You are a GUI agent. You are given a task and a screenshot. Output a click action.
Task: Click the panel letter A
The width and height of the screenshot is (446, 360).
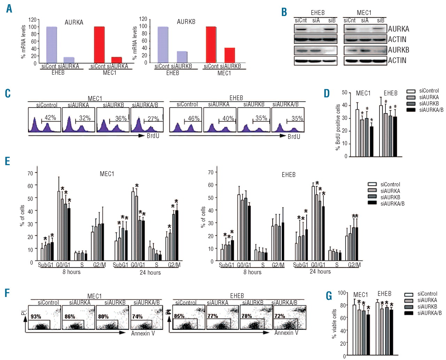[x=9, y=8]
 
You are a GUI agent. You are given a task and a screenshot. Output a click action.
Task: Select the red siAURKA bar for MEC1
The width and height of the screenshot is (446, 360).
[x=116, y=60]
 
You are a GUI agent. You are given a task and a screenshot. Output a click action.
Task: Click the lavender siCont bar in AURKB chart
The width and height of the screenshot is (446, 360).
[x=163, y=45]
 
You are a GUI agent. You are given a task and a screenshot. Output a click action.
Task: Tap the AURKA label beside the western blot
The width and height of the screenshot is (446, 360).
[x=399, y=29]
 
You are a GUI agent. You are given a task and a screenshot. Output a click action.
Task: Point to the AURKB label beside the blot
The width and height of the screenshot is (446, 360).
[x=399, y=50]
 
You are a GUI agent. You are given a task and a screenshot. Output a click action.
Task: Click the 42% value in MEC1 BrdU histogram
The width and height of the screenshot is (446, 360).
[x=51, y=118]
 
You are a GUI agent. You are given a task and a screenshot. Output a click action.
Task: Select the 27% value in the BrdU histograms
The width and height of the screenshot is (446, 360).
[x=153, y=119]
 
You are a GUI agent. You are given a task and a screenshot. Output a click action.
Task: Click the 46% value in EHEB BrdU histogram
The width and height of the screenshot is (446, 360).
[x=194, y=118]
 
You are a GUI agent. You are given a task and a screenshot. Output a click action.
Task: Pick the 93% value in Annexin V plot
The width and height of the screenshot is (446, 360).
[x=36, y=316]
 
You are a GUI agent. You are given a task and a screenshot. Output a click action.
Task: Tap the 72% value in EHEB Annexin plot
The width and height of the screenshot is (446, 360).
[x=280, y=316]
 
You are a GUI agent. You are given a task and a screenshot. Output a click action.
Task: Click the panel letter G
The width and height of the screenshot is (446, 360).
[x=329, y=296]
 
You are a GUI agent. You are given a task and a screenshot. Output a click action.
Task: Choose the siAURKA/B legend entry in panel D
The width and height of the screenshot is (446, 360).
[x=431, y=110]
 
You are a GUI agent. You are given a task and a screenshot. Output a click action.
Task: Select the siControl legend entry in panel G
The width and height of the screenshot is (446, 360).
[x=427, y=294]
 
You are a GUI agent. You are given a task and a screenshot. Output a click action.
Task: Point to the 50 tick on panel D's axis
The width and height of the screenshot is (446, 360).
[x=345, y=93]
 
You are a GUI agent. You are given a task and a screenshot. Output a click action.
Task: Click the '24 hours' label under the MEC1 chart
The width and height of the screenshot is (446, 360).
[x=150, y=272]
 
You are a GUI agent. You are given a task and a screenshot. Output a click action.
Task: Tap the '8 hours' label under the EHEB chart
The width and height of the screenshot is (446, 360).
[x=252, y=272]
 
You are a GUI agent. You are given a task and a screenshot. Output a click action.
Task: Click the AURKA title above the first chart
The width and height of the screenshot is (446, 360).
[x=74, y=22]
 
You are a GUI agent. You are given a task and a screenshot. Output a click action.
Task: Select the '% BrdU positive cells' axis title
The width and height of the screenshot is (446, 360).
[x=338, y=127]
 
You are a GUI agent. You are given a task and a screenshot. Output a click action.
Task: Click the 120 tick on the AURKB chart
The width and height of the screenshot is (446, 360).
[x=143, y=19]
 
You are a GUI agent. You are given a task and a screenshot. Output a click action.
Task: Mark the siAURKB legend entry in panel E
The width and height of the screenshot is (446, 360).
[x=390, y=197]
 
